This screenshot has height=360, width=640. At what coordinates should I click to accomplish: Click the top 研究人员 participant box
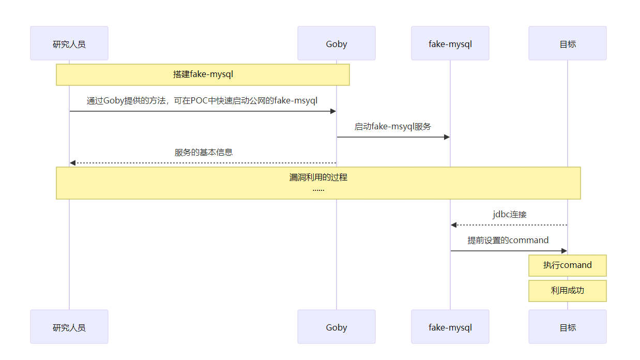click(x=69, y=43)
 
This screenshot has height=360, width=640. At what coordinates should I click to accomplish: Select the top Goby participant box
click(x=337, y=43)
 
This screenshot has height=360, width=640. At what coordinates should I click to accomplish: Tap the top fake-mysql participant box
click(x=450, y=43)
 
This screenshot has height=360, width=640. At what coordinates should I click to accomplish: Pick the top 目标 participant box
click(x=568, y=43)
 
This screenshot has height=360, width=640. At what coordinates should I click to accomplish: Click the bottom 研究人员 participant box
click(x=69, y=327)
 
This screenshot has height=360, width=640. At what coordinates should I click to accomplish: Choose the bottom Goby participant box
click(x=337, y=327)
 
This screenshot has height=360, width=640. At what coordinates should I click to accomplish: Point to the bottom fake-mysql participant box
click(x=450, y=327)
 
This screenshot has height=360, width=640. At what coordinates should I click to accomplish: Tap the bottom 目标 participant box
click(x=568, y=327)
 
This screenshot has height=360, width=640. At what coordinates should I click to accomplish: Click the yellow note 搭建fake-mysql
click(x=203, y=74)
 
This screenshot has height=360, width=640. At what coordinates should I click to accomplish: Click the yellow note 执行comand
click(x=568, y=265)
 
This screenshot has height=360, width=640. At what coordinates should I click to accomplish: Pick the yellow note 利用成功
click(x=568, y=291)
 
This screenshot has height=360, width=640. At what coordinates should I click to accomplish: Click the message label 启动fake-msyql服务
click(x=393, y=126)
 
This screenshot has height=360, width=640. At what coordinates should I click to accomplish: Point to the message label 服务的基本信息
click(x=204, y=152)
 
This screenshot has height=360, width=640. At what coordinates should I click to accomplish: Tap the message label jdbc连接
click(x=509, y=214)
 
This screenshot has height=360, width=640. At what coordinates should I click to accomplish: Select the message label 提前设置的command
click(x=508, y=240)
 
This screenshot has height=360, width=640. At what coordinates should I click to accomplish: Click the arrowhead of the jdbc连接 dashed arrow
click(x=453, y=225)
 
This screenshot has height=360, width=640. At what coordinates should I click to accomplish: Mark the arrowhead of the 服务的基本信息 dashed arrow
click(x=73, y=163)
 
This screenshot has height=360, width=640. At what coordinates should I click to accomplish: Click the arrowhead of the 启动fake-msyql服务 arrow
click(x=447, y=137)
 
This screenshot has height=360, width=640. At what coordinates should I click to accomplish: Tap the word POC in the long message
click(x=200, y=100)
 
